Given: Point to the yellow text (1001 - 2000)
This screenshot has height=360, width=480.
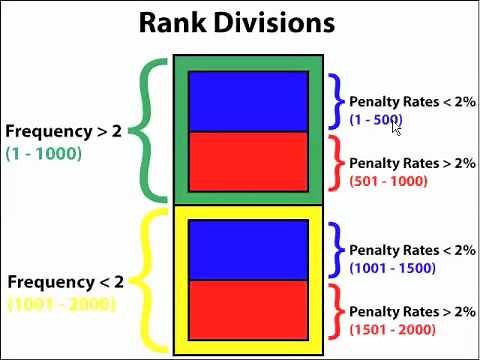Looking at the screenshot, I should click(x=61, y=304).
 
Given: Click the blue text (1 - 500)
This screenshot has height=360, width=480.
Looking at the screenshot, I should click(x=375, y=120).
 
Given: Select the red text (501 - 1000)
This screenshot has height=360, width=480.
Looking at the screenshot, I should click(x=389, y=181).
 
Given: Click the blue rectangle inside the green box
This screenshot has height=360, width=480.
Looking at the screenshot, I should click(x=248, y=101).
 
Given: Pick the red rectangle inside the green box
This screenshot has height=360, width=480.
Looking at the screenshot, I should click(x=248, y=160).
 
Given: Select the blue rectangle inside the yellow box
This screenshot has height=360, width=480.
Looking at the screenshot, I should click(x=248, y=250).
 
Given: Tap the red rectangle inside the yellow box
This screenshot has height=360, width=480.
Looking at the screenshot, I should click(x=248, y=309).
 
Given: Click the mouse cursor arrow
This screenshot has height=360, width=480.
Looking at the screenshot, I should click(x=396, y=127).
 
